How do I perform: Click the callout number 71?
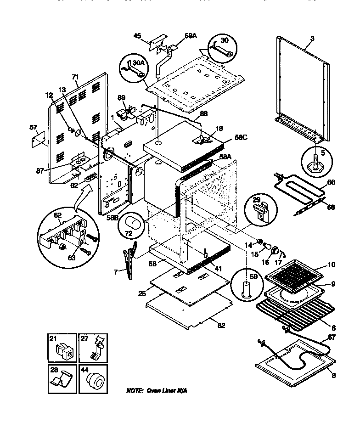click(75, 78)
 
